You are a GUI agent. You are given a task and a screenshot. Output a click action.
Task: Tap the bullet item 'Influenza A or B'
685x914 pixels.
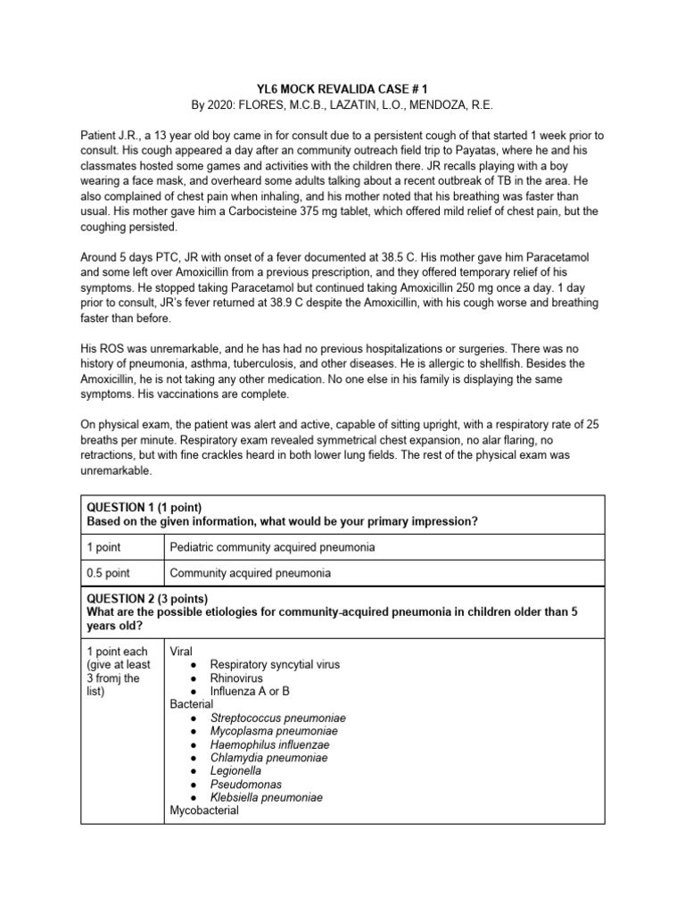(250, 691)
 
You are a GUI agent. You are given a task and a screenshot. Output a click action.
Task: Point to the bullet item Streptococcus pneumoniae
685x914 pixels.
(277, 718)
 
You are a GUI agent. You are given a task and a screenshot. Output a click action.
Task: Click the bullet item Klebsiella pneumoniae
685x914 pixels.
(267, 797)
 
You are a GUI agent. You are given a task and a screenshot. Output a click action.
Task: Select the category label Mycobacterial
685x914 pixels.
(204, 810)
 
